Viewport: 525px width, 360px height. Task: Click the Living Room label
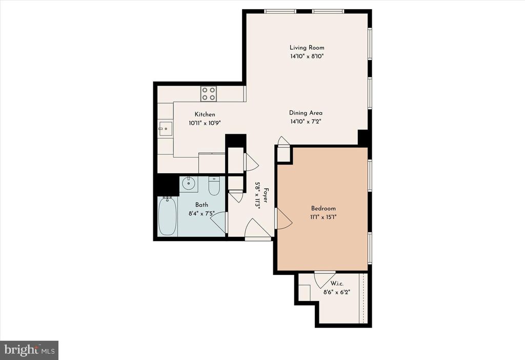pos(307,48)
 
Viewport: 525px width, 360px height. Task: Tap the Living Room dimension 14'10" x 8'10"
pos(307,56)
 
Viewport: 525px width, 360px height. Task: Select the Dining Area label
pos(306,113)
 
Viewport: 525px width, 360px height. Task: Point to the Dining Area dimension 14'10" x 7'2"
pos(306,122)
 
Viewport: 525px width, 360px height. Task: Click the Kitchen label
pos(205,114)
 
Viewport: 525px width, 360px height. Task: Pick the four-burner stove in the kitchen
pos(208,93)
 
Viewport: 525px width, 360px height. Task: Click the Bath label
pos(201,205)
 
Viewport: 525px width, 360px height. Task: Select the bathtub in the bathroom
pos(168,216)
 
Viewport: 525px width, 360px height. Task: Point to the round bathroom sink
pos(189,183)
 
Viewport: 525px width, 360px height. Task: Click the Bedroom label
pos(324,208)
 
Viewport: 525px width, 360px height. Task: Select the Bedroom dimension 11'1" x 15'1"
pos(324,217)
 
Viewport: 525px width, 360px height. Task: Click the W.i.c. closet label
pos(337,283)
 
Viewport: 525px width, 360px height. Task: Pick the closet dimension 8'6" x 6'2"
pos(337,292)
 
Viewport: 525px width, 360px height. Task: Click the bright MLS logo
pos(29,350)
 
